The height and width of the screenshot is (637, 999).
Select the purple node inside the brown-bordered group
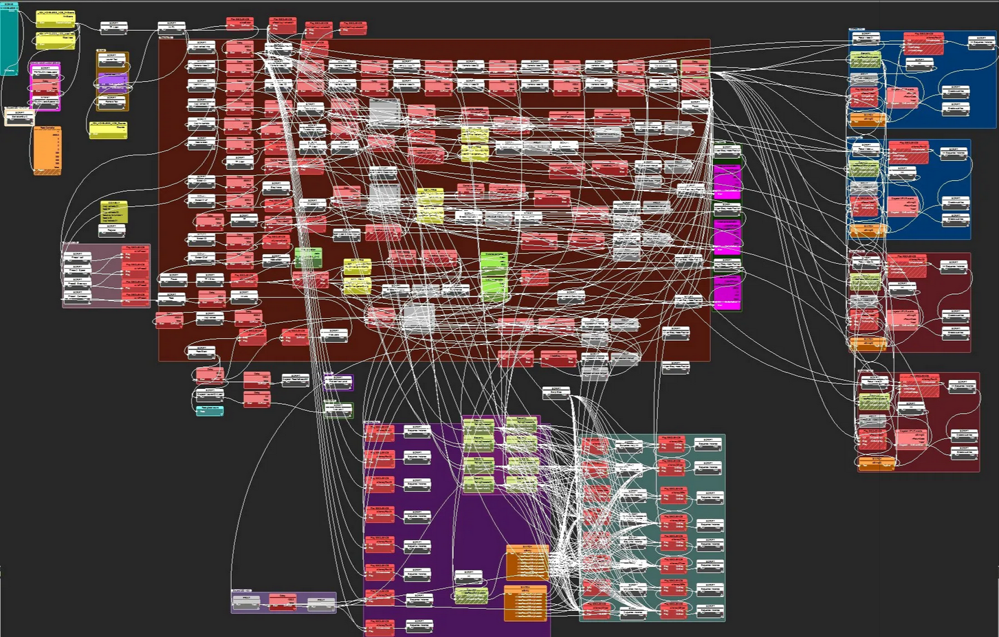pos(112,83)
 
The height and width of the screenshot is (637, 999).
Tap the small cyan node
pos(210,411)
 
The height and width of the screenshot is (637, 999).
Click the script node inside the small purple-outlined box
pos(338,381)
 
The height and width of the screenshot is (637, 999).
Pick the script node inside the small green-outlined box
pos(338,410)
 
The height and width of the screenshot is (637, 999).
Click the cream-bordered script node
pos(19,117)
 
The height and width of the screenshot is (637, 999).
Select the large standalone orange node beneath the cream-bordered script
pos(47,150)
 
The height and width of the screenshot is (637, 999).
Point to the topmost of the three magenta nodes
pos(727,181)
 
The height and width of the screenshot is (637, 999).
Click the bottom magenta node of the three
pos(727,293)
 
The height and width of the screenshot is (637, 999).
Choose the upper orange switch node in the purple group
pos(527,563)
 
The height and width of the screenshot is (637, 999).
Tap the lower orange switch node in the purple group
pos(526,603)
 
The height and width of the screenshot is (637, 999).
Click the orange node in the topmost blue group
pos(868,120)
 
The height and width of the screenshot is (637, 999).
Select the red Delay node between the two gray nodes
pos(283,602)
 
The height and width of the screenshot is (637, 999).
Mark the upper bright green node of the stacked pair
pos(494,261)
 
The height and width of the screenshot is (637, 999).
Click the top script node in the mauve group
pos(77,257)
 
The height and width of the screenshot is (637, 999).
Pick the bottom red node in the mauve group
pos(135,297)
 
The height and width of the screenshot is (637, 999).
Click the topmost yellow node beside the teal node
pos(55,19)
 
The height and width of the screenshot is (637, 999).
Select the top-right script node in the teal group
pos(708,444)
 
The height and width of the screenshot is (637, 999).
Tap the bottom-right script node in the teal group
pos(708,611)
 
